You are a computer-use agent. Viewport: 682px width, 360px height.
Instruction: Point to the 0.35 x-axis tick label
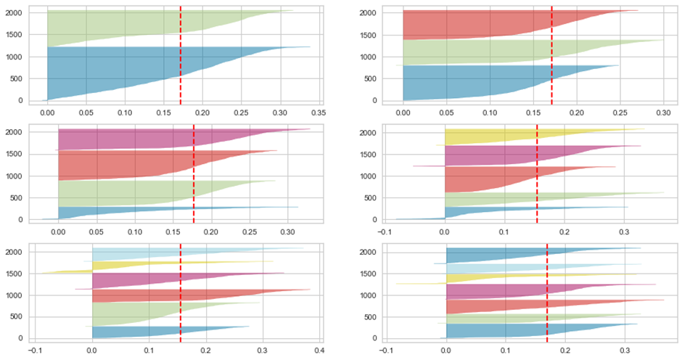coord(317,113)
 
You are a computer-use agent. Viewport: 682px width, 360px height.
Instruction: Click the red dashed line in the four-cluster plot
coord(194,174)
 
